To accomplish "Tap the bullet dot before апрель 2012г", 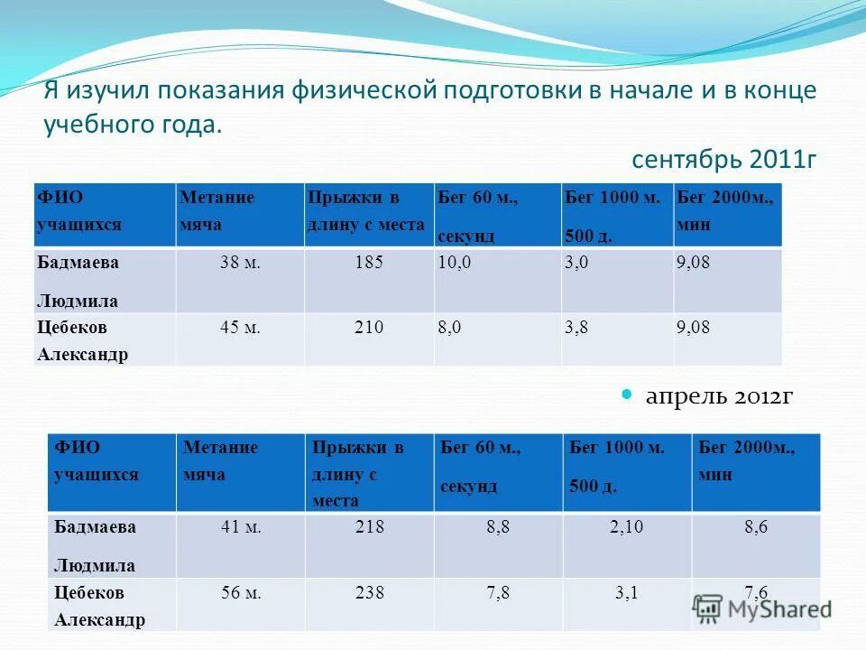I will tap(629, 395).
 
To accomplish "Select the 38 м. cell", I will tap(240, 263).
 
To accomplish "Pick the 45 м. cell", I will tap(240, 327).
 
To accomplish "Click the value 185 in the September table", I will tap(370, 263).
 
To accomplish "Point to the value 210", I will tap(370, 327).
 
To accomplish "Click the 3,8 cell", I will tap(576, 327).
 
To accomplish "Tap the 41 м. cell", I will tap(241, 528).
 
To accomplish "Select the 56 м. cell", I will tap(241, 593).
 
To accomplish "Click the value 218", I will tap(370, 528).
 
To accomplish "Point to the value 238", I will tap(370, 593).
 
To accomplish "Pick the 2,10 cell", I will tap(626, 528).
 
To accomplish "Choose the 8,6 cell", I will tap(756, 528).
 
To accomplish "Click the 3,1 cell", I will tap(626, 593).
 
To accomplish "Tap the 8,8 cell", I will tap(498, 528).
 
